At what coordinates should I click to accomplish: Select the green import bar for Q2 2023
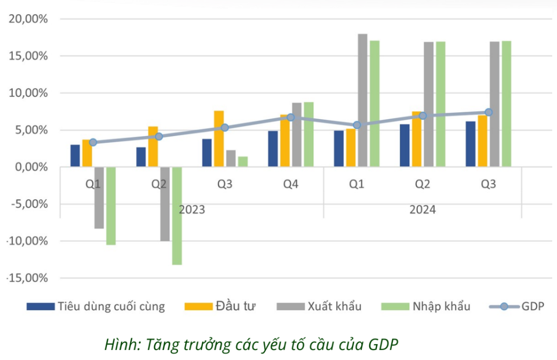pos(177,215)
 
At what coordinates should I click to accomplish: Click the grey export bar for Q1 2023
pos(99,197)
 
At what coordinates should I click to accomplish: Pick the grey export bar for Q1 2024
pos(363,101)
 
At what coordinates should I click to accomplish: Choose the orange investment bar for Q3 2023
pos(219,139)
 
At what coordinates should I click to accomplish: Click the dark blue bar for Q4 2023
pos(273,149)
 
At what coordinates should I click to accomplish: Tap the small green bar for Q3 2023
pos(243,161)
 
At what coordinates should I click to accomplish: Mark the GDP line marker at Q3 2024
pos(489,112)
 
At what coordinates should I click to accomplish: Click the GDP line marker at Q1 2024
pos(357,125)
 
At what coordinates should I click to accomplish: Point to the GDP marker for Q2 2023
pos(159,137)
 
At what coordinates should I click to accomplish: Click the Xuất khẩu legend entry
pos(334,306)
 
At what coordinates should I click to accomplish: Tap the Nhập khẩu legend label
pos(441,306)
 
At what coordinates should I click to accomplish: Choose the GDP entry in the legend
pos(532,306)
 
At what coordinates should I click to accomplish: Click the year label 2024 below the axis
pos(422,210)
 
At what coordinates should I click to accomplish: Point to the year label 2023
pos(192,210)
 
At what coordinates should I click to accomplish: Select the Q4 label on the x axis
pos(290,184)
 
